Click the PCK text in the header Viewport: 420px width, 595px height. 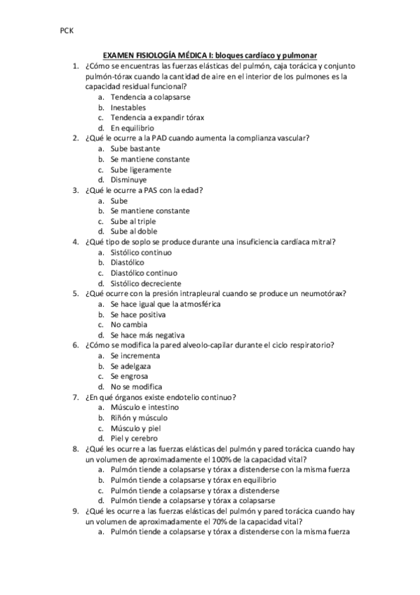tap(67, 32)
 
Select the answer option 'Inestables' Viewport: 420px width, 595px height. tap(128, 107)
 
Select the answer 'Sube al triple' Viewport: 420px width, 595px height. tap(133, 221)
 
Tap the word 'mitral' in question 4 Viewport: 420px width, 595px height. tap(323, 241)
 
